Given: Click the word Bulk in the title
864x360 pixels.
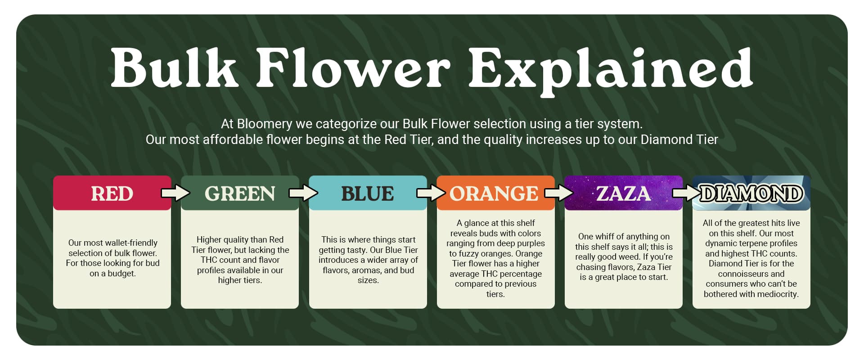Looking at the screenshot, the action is (174, 67).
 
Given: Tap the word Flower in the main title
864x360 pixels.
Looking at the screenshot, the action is (353, 67).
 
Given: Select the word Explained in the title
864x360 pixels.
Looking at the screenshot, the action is (611, 70).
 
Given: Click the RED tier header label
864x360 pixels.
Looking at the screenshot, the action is (112, 194).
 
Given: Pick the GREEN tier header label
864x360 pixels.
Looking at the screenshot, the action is (240, 194).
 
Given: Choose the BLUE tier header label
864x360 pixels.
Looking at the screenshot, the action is (368, 194).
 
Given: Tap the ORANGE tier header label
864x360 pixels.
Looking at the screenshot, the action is (494, 194).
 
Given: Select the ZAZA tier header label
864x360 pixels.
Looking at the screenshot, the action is (624, 194).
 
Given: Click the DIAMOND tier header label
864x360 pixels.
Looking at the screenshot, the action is (751, 194).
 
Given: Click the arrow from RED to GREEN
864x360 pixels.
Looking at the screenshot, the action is (175, 193).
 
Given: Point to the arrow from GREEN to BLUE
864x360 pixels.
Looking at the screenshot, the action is (303, 193).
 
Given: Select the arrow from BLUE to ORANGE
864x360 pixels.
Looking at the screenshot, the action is (431, 193).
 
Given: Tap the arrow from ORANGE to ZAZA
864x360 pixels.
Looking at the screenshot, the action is (559, 193).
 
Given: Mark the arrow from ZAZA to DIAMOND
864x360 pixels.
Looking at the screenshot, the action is (687, 193).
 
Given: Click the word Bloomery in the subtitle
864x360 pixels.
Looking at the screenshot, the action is (265, 124).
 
